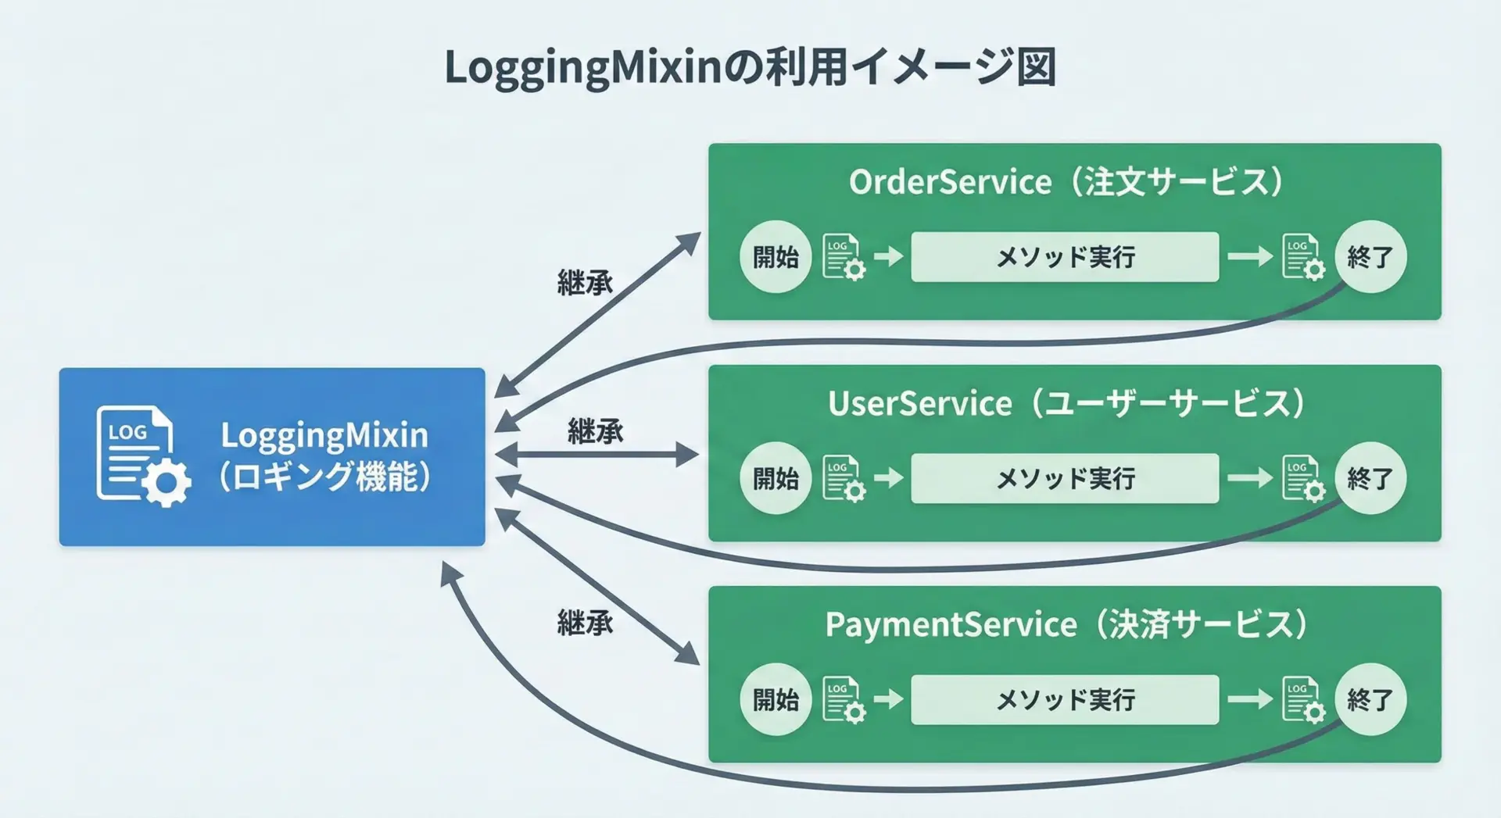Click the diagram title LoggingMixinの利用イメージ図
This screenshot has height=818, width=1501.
(x=750, y=67)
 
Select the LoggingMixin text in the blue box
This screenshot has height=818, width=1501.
(x=324, y=435)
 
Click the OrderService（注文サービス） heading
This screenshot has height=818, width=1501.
(x=1066, y=182)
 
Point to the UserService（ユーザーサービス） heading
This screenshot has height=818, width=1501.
(x=1066, y=404)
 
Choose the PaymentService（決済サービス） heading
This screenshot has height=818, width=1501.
(x=1066, y=625)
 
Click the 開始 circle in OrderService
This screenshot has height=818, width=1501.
(x=776, y=257)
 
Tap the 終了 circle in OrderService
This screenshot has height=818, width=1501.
(x=1370, y=257)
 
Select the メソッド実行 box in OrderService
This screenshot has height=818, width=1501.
(x=1065, y=257)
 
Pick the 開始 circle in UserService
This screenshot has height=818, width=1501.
(x=776, y=478)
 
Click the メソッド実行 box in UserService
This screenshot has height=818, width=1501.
(x=1065, y=478)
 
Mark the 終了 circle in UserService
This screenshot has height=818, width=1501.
(x=1370, y=478)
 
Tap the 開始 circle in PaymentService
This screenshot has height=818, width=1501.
(x=776, y=699)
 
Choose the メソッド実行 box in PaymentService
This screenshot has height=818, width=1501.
(x=1065, y=699)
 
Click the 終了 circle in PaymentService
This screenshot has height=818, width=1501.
(x=1370, y=699)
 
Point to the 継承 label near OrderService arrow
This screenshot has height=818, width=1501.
(x=585, y=283)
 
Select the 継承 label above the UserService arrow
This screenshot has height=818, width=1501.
(x=596, y=431)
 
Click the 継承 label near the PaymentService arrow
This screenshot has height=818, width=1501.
(x=585, y=623)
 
